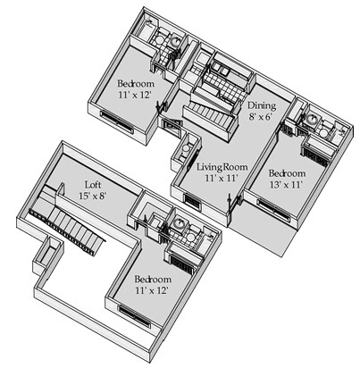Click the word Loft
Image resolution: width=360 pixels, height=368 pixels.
pos(91,185)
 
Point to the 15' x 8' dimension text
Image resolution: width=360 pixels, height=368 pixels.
pos(93,196)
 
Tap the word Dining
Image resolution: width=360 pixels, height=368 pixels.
pos(262,106)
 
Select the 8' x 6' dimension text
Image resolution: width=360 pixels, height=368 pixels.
pos(261,117)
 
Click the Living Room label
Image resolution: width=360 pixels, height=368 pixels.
pos(222,167)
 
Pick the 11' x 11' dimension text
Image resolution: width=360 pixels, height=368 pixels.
pos(222,178)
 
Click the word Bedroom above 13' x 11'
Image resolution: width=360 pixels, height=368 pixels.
pos(287,173)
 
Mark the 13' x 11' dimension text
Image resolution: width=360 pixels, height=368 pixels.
pos(286,185)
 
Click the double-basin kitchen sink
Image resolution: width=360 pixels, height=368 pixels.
pos(222,70)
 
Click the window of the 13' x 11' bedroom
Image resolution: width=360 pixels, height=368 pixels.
pos(273,211)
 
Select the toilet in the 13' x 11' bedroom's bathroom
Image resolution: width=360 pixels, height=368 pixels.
pos(324,132)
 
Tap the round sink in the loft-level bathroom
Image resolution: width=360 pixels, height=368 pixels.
pos(179,223)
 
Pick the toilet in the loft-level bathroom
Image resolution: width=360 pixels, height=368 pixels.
pos(191,237)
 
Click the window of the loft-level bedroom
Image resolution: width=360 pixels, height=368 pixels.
pos(134,315)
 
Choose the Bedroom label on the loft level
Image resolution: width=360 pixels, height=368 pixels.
pos(153,280)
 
